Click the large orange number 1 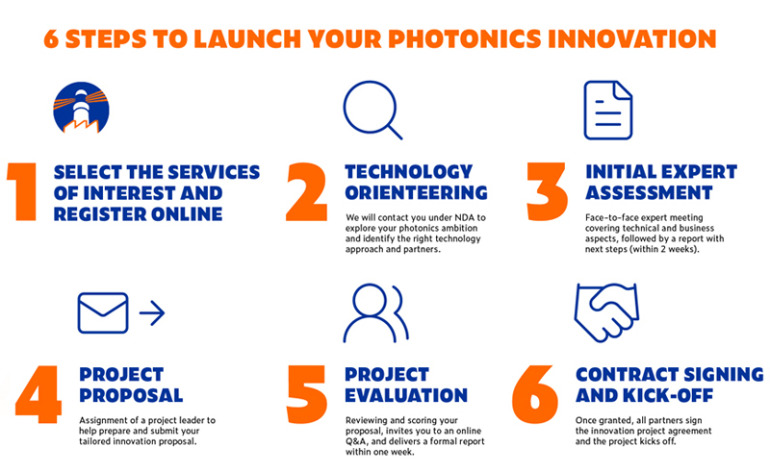tap(21, 192)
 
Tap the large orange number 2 tap(307, 192)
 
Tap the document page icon tap(607, 110)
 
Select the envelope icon tap(103, 312)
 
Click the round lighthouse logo tap(81, 107)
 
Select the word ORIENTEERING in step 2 tap(416, 193)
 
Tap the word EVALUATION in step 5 tap(406, 395)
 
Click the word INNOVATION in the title tap(636, 39)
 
